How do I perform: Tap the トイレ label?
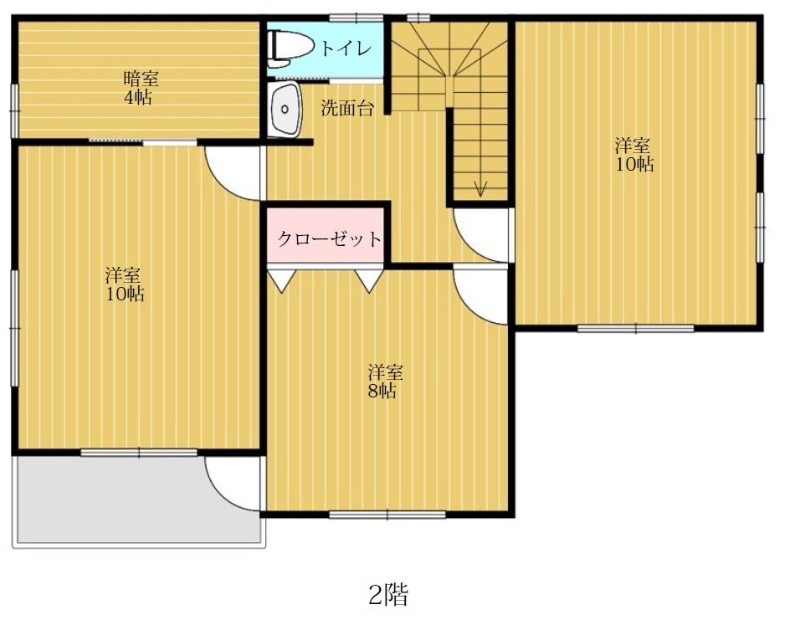346,48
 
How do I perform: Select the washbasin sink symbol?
285,109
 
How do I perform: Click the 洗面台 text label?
347,108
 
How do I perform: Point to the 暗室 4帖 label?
141,88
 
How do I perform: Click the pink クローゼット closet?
326,234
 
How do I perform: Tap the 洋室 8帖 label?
384,382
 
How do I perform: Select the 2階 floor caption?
388,595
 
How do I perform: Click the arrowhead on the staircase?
480,188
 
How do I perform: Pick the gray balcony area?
139,500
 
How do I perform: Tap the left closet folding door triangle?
282,281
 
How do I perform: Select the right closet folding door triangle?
369,281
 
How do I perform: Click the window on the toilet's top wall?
357,18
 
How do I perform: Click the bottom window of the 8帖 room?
387,514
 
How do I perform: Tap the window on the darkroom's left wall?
14,110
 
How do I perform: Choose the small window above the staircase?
418,18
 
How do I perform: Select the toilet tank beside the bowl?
272,48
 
